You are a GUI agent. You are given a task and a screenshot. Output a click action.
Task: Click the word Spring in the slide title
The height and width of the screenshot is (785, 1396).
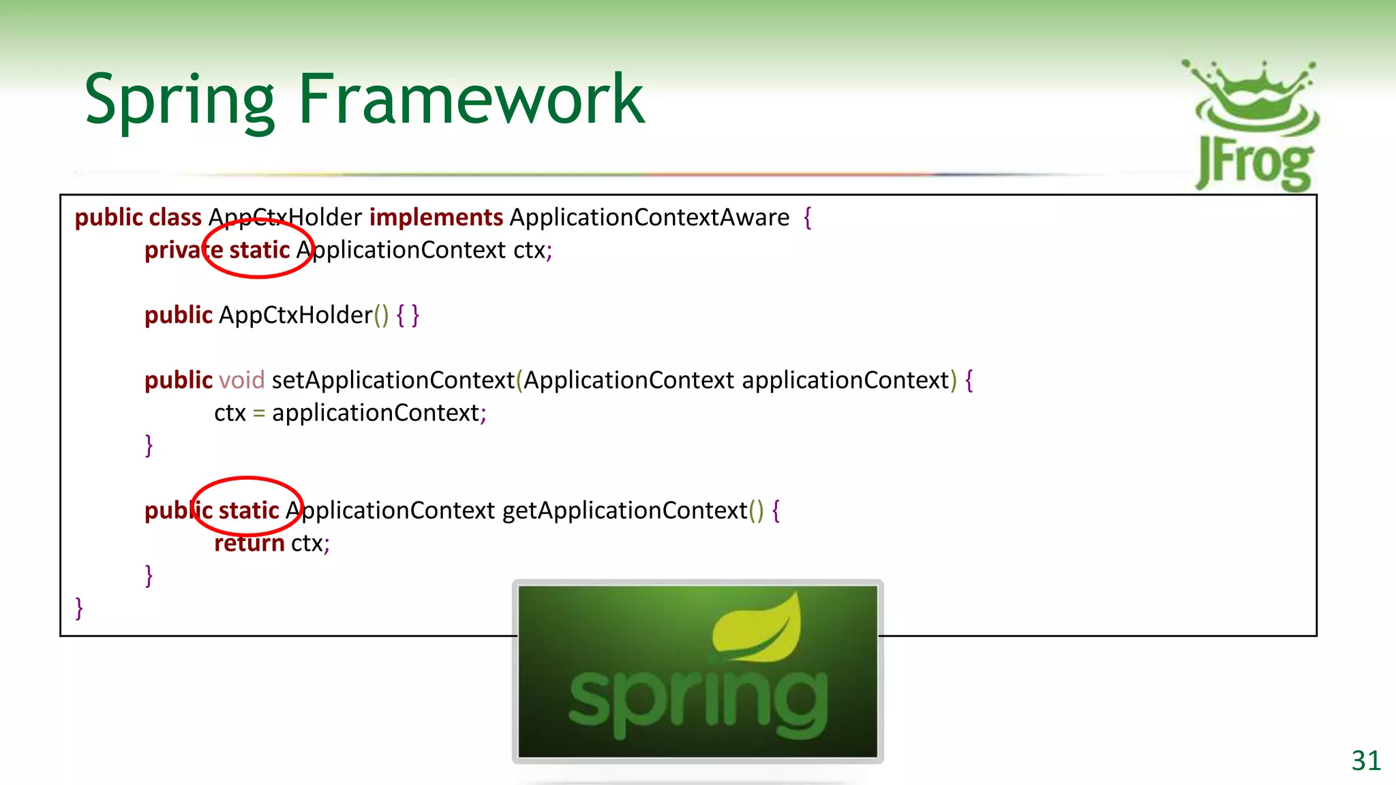pyautogui.click(x=179, y=101)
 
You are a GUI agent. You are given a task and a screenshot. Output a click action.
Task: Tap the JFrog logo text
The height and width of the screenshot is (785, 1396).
pyautogui.click(x=1254, y=164)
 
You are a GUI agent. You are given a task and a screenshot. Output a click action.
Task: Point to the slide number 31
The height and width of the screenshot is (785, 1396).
pyautogui.click(x=1365, y=760)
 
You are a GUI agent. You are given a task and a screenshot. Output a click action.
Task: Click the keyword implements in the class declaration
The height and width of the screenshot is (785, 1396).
pyautogui.click(x=436, y=217)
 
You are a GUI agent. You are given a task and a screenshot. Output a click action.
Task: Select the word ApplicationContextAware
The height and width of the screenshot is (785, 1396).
pyautogui.click(x=649, y=217)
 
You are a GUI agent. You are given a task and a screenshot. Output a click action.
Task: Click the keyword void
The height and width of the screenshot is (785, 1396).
pyautogui.click(x=241, y=380)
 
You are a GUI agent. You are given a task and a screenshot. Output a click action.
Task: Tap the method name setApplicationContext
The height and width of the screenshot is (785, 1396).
pyautogui.click(x=393, y=380)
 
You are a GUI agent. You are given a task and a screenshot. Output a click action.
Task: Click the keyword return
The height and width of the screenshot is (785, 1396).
pyautogui.click(x=249, y=543)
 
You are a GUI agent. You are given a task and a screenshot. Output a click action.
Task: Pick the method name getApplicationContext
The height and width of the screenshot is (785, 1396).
pyautogui.click(x=624, y=510)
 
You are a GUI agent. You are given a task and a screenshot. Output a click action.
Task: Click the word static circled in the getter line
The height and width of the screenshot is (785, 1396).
pyautogui.click(x=249, y=510)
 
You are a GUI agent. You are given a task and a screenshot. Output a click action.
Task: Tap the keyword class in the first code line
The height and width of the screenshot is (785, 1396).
pyautogui.click(x=175, y=217)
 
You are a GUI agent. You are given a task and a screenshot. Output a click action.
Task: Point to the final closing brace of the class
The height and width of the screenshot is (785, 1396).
pyautogui.click(x=79, y=608)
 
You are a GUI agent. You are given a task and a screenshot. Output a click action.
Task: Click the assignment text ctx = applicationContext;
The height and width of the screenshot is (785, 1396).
pyautogui.click(x=350, y=413)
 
